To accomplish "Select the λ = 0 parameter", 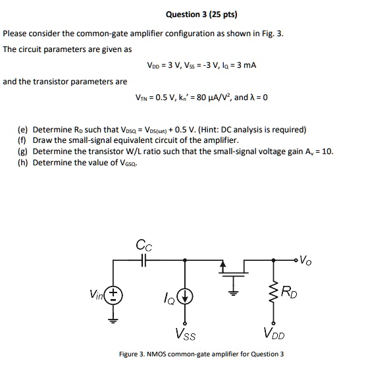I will point(258,98).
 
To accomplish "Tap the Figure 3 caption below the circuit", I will point(201,354).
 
